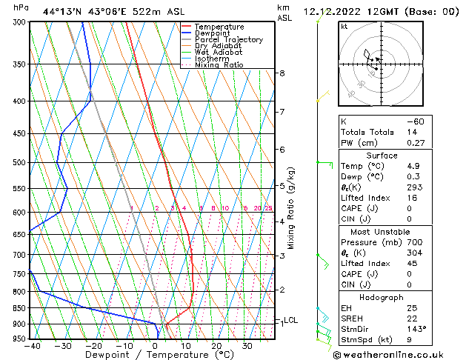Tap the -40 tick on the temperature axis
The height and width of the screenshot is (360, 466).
(31, 345)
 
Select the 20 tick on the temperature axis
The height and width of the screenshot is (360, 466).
(216, 345)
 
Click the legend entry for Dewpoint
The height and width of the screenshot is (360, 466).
(219, 33)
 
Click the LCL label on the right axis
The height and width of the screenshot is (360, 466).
(291, 320)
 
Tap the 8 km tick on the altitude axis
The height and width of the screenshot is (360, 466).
(282, 73)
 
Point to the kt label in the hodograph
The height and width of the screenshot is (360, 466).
(344, 26)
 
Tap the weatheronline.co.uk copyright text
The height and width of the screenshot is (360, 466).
(397, 354)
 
